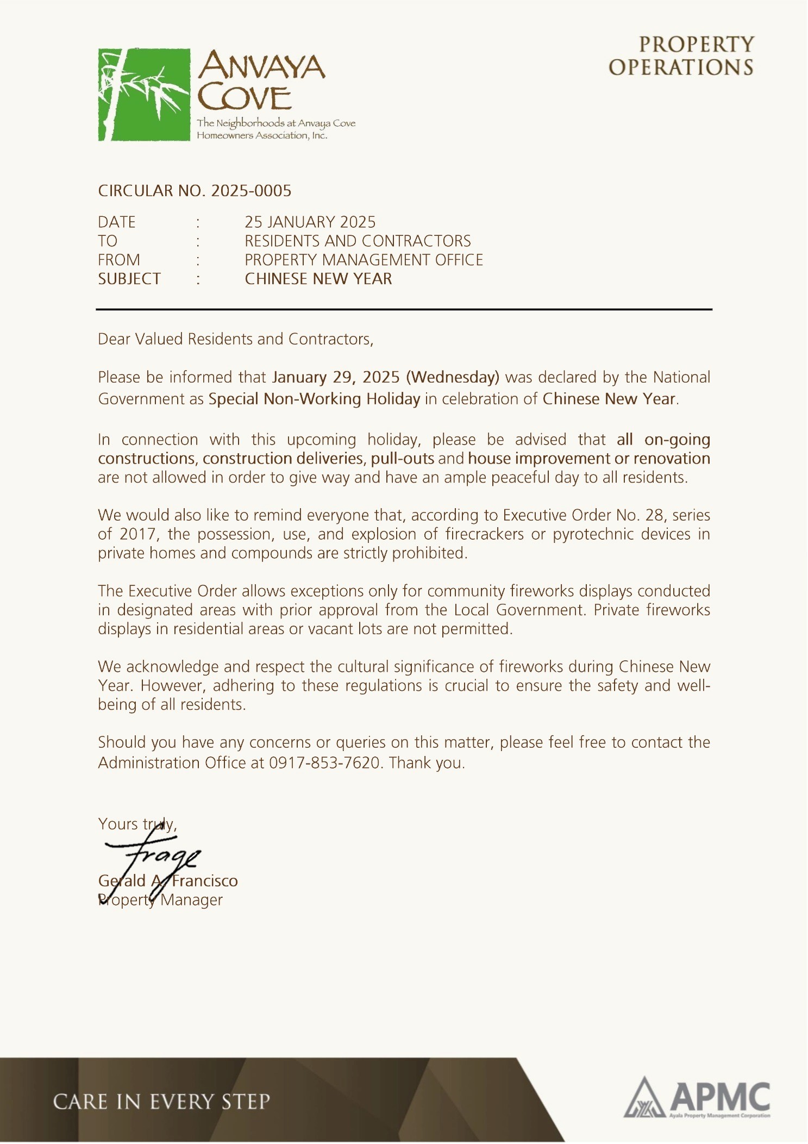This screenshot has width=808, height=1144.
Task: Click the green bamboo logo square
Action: click(144, 95)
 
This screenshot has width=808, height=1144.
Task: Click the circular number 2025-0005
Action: click(251, 191)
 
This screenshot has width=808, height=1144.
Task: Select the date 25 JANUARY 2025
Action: click(310, 222)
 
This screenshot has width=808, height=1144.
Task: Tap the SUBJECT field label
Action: click(129, 279)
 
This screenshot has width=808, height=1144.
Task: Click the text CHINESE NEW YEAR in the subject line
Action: click(318, 279)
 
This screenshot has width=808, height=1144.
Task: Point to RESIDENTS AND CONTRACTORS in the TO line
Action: click(358, 241)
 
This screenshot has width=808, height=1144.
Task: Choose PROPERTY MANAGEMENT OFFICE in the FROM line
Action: click(364, 260)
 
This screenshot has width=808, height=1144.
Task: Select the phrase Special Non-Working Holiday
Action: click(314, 399)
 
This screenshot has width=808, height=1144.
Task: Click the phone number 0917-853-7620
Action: click(324, 763)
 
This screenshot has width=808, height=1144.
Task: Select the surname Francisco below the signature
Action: click(205, 881)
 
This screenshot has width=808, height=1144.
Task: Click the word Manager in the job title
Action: click(191, 900)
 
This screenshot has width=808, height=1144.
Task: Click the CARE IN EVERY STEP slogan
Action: click(161, 1102)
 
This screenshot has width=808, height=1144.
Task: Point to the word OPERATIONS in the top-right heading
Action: click(681, 67)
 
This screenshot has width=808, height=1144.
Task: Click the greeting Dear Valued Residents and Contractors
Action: click(235, 339)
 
